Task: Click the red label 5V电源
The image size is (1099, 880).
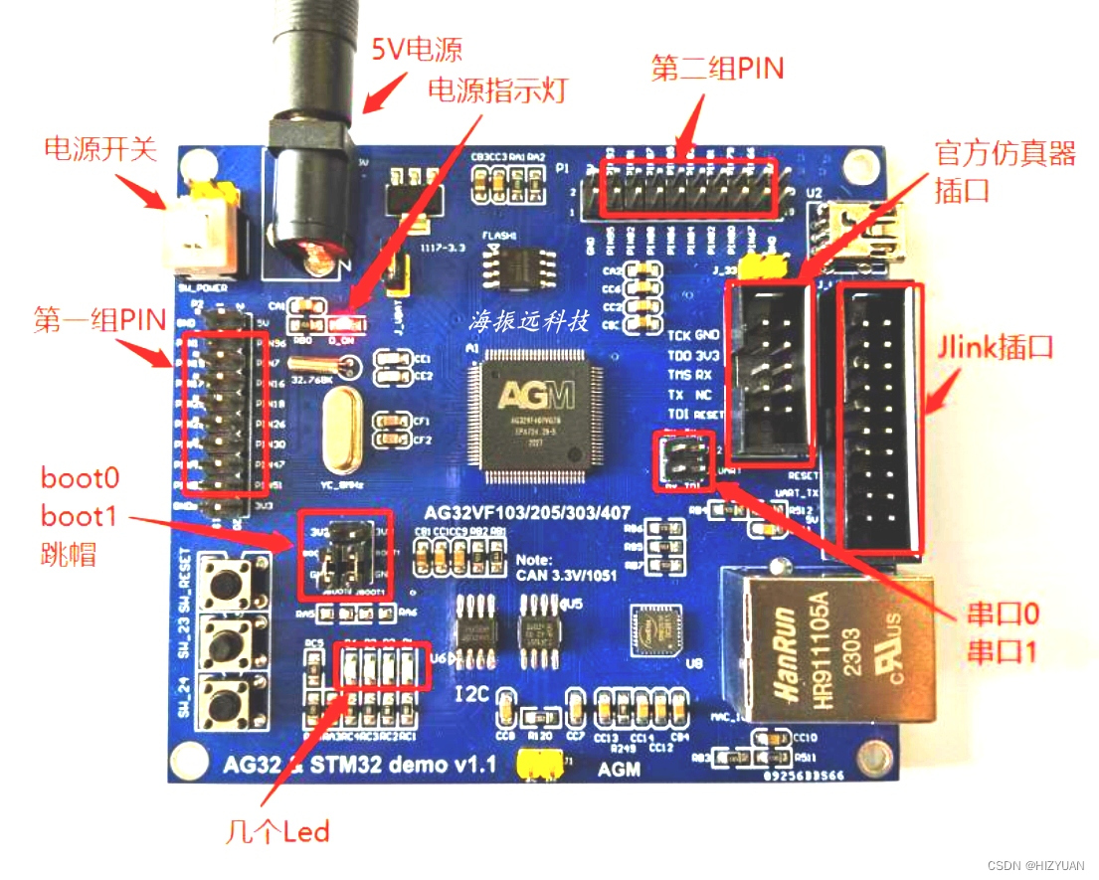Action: [418, 48]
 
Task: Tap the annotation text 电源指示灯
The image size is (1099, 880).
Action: [496, 90]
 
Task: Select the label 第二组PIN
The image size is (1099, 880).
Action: [717, 69]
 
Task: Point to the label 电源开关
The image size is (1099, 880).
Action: [99, 149]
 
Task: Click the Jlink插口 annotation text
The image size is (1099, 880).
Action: [996, 349]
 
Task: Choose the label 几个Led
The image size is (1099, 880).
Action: [277, 830]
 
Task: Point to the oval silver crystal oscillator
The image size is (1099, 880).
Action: [341, 431]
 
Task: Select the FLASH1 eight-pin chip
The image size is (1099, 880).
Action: [513, 264]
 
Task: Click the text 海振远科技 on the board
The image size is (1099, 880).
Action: [530, 323]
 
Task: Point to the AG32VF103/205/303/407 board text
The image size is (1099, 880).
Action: [513, 514]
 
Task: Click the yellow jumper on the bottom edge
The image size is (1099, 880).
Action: [538, 764]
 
